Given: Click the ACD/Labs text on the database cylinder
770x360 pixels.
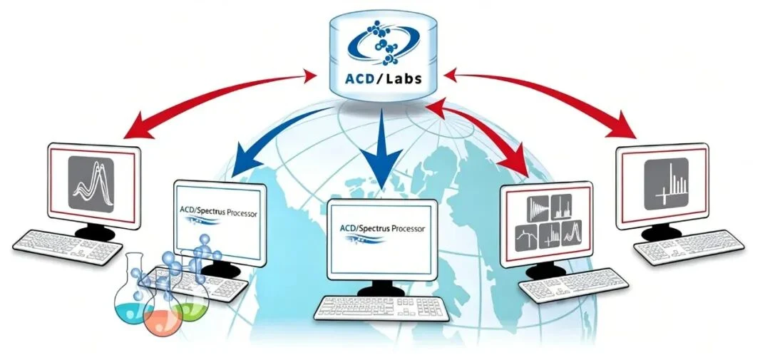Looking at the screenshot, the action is coord(383,78).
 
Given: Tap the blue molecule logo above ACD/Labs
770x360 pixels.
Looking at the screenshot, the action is coord(383,43).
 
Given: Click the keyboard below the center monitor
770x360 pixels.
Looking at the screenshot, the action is coord(381,309).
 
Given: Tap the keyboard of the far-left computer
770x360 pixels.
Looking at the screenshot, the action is coord(67,247).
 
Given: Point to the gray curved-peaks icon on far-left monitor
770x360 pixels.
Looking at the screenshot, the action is coord(91,184).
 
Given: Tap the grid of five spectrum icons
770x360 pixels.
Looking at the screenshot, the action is coord(549,222).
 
